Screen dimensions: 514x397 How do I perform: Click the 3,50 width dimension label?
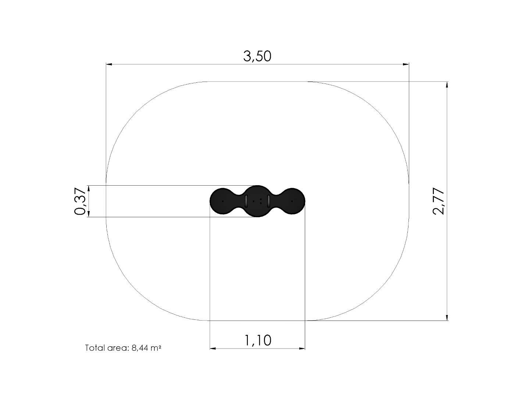(257, 57)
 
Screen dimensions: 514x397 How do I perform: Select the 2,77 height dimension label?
(438, 201)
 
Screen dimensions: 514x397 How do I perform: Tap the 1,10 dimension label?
(257, 340)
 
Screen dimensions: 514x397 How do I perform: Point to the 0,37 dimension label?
(80, 201)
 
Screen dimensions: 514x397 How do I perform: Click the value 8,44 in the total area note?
(140, 348)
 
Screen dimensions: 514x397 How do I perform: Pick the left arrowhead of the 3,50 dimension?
(109, 64)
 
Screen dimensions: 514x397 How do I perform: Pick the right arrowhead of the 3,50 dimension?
(406, 64)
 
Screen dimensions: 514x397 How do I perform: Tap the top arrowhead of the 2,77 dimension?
(447, 85)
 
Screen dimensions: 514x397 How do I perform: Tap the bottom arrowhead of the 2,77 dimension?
(447, 317)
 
